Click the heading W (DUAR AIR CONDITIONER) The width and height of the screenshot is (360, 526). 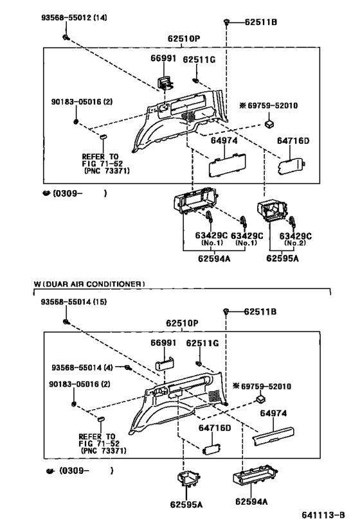(x=89, y=283)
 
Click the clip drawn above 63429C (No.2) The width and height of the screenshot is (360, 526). (x=292, y=221)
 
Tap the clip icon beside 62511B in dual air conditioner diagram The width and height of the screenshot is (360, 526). (x=226, y=311)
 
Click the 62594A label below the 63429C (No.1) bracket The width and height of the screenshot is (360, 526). (x=216, y=259)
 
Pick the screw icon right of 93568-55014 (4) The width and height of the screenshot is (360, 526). (x=129, y=367)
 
